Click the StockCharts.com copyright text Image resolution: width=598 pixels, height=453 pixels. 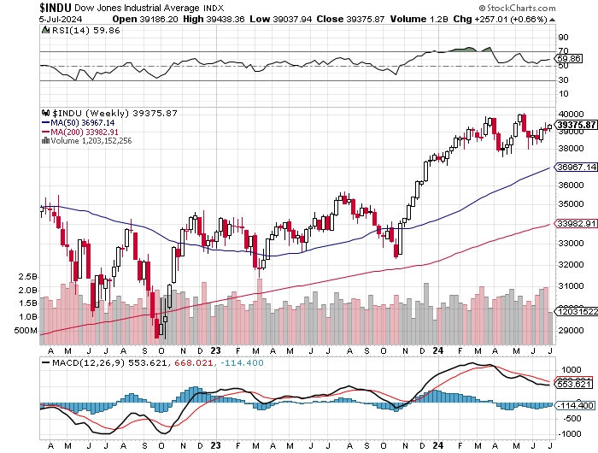coord(546,9)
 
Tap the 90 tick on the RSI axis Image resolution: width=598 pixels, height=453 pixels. coord(564,38)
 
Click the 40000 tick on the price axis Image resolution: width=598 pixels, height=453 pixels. coord(569,114)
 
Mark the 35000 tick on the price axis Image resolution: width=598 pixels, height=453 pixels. coord(569,204)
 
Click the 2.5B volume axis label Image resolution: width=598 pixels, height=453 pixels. coord(27,278)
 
